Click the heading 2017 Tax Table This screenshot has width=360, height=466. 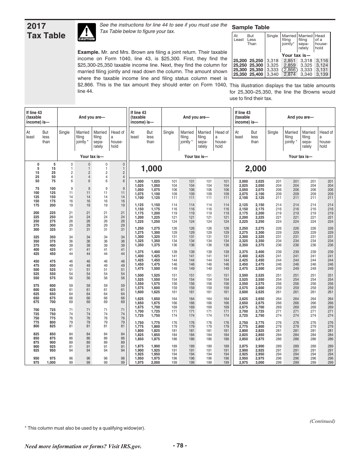46,31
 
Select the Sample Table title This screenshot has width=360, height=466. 250,27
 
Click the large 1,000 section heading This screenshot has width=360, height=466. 151,169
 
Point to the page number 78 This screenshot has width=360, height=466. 180,446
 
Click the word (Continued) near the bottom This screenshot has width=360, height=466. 322,421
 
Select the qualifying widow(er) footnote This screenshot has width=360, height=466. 85,428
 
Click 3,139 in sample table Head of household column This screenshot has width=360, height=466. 322,74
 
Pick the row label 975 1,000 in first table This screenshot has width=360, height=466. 45,363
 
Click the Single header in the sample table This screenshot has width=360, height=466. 272,36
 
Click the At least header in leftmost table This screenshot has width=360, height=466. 30,135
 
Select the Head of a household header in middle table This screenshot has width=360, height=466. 222,139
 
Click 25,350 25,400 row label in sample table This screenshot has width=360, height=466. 248,74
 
